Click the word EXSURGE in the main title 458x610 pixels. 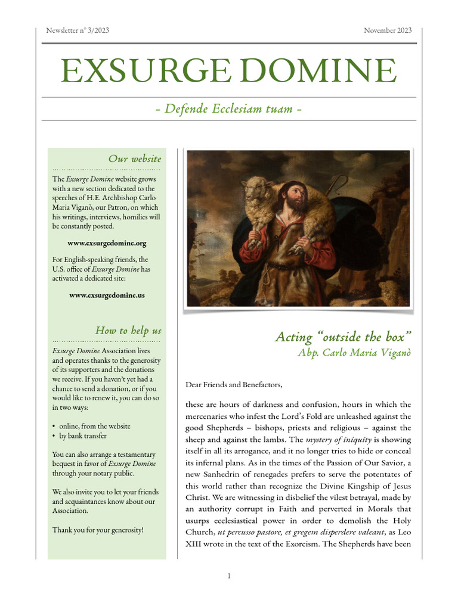pyautogui.click(x=141, y=71)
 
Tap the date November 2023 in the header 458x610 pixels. pyautogui.click(x=388, y=30)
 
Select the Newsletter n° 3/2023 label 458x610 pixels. pyautogui.click(x=78, y=30)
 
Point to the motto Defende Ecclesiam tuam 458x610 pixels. pyautogui.click(x=229, y=109)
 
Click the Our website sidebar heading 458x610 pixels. pyautogui.click(x=134, y=158)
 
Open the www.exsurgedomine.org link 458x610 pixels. pyautogui.click(x=107, y=243)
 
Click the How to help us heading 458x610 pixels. pyautogui.click(x=128, y=330)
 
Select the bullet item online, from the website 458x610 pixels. pyautogui.click(x=94, y=426)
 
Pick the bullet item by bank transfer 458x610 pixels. pyautogui.click(x=88, y=436)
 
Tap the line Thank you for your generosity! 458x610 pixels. pyautogui.click(x=98, y=529)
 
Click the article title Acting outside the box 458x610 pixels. pyautogui.click(x=343, y=337)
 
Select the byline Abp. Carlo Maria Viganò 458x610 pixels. pyautogui.click(x=354, y=352)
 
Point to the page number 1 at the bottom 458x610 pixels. pyautogui.click(x=229, y=575)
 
